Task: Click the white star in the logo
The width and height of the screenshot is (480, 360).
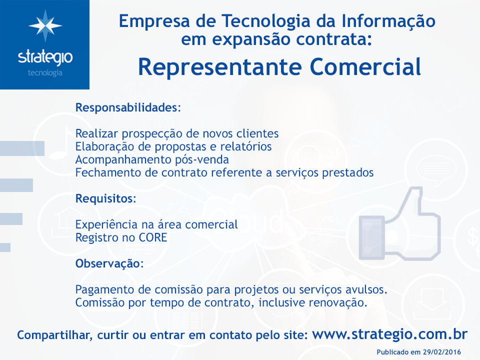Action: click(45, 25)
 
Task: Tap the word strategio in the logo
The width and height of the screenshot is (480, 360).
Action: click(45, 57)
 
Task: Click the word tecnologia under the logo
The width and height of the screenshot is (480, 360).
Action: click(45, 73)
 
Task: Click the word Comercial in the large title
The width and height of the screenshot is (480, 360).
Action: click(365, 67)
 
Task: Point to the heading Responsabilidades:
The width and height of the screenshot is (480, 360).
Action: click(128, 107)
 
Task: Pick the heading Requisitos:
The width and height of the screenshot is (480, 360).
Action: click(105, 198)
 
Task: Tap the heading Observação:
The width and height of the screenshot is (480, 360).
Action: click(109, 263)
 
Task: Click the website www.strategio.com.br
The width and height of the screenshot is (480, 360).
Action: click(389, 334)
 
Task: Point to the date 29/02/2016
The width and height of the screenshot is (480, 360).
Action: click(441, 352)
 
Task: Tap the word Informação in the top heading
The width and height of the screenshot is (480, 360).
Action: click(388, 21)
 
